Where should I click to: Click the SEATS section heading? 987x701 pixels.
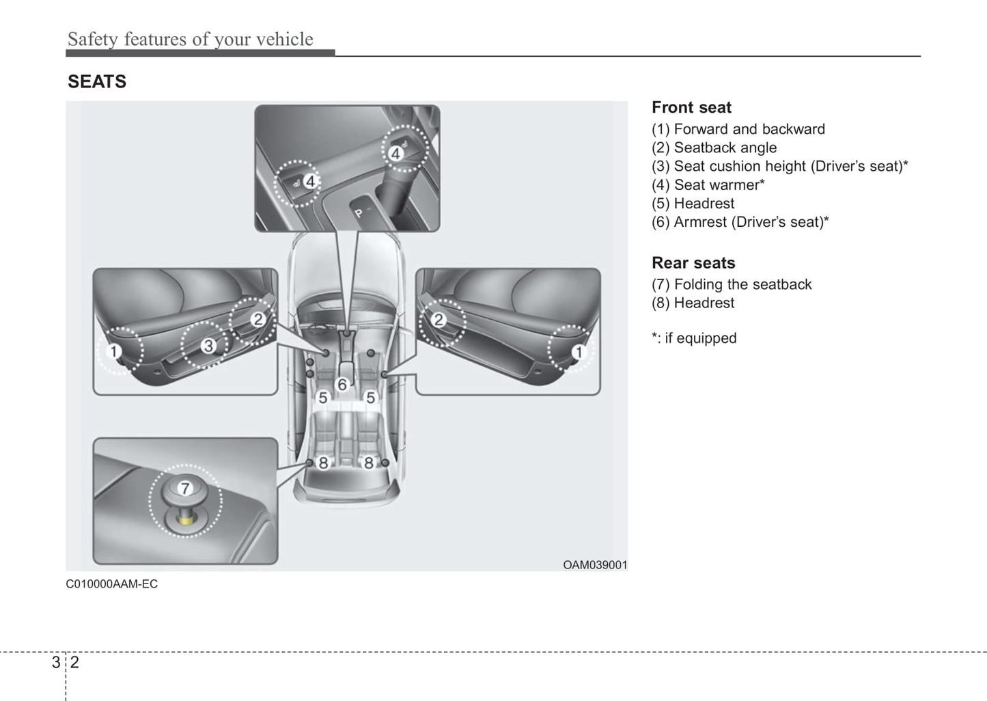[97, 82]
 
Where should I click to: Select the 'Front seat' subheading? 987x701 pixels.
[691, 107]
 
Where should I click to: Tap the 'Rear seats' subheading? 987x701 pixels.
[693, 263]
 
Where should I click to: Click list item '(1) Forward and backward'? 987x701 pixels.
[738, 129]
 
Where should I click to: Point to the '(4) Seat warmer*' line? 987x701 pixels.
[708, 185]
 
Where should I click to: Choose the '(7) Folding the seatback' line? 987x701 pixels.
[731, 284]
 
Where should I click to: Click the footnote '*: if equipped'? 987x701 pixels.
[694, 338]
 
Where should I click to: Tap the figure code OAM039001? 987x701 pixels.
[594, 565]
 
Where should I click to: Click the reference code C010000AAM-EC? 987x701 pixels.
[111, 584]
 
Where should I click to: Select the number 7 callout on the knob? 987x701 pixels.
[184, 488]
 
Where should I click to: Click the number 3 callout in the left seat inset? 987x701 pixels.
[208, 346]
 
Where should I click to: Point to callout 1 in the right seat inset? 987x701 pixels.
[579, 352]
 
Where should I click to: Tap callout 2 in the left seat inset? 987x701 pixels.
[258, 319]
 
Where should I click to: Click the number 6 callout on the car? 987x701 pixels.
[342, 385]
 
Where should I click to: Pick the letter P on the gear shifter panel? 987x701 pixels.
[358, 213]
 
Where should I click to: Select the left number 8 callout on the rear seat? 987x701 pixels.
[323, 463]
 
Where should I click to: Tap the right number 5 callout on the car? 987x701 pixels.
[371, 398]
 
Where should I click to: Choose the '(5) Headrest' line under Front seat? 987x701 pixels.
[693, 204]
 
